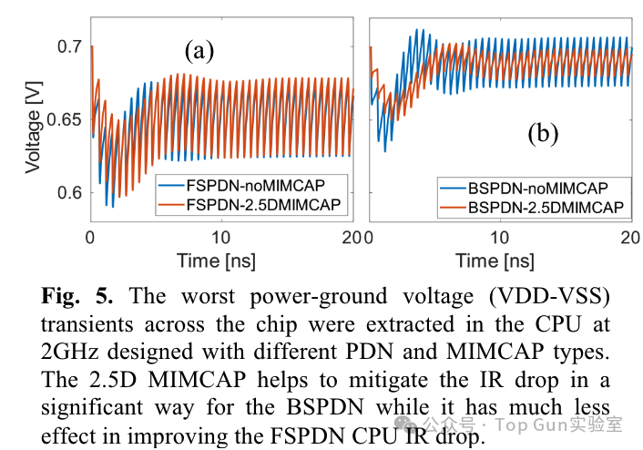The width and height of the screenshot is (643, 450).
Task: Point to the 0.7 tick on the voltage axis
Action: (x=70, y=46)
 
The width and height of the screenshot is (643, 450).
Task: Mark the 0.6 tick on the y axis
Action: (x=70, y=193)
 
